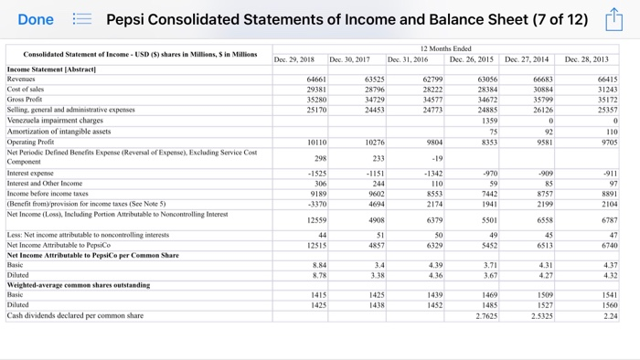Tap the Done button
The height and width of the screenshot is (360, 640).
36,19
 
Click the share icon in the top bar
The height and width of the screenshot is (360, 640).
613,19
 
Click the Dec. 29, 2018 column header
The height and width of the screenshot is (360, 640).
294,59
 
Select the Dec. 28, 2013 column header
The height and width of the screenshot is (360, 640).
586,59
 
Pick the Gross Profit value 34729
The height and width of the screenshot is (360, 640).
373,100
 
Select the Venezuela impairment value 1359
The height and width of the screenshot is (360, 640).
489,120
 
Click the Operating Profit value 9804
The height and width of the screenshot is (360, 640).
432,142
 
